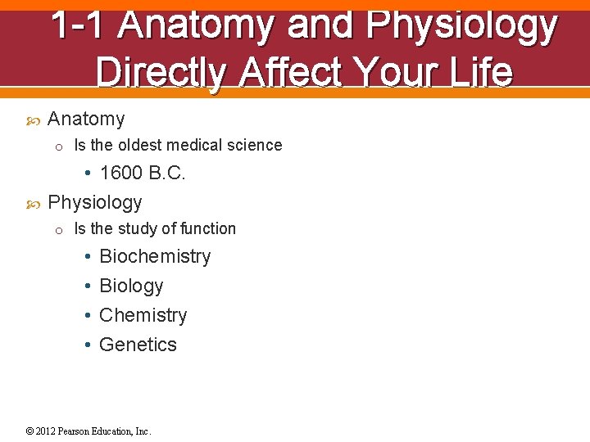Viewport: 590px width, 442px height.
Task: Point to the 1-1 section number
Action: (x=78, y=26)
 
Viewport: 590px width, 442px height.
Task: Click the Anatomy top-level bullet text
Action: (x=86, y=119)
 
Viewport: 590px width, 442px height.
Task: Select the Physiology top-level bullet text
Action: (x=95, y=201)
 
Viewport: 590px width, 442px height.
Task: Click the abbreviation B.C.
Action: (x=167, y=173)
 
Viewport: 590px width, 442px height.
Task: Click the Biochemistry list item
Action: (x=155, y=256)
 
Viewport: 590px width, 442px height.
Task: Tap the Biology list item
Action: (x=131, y=286)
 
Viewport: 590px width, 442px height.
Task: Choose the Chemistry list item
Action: (x=143, y=315)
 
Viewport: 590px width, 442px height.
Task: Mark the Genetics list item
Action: (x=138, y=345)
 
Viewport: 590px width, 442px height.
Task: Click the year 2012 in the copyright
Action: (x=46, y=431)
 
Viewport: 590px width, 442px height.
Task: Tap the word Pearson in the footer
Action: (x=75, y=431)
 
